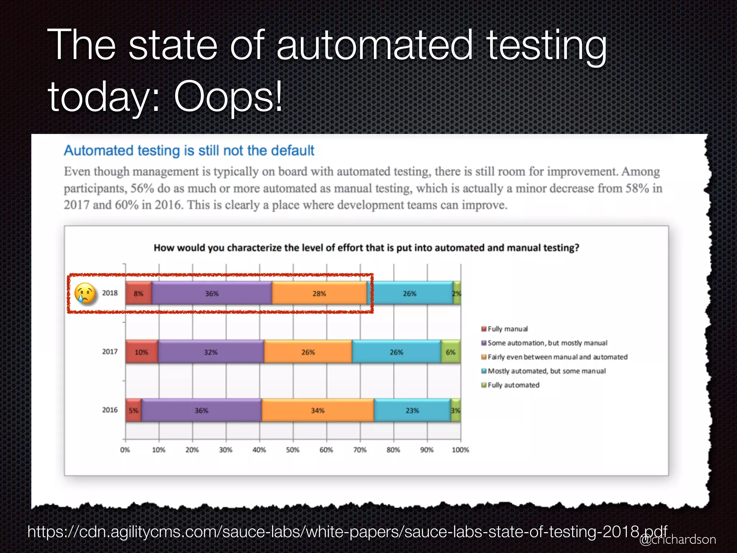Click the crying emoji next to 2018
(x=85, y=293)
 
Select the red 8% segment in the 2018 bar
(x=139, y=293)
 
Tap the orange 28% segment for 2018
(x=319, y=293)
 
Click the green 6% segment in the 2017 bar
(x=451, y=352)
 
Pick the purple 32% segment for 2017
(x=211, y=352)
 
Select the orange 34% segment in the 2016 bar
(x=318, y=410)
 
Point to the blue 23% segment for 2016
(x=412, y=410)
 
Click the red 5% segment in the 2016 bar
(x=134, y=410)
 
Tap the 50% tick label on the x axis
(x=293, y=450)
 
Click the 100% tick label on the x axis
(x=460, y=450)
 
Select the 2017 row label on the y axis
(x=110, y=351)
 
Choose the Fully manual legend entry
(x=507, y=329)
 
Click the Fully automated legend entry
(x=513, y=385)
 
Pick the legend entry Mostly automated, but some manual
(x=546, y=371)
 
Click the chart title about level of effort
(x=366, y=248)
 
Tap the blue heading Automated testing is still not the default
(x=189, y=150)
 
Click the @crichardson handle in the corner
(x=678, y=539)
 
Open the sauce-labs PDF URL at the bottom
(x=347, y=531)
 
